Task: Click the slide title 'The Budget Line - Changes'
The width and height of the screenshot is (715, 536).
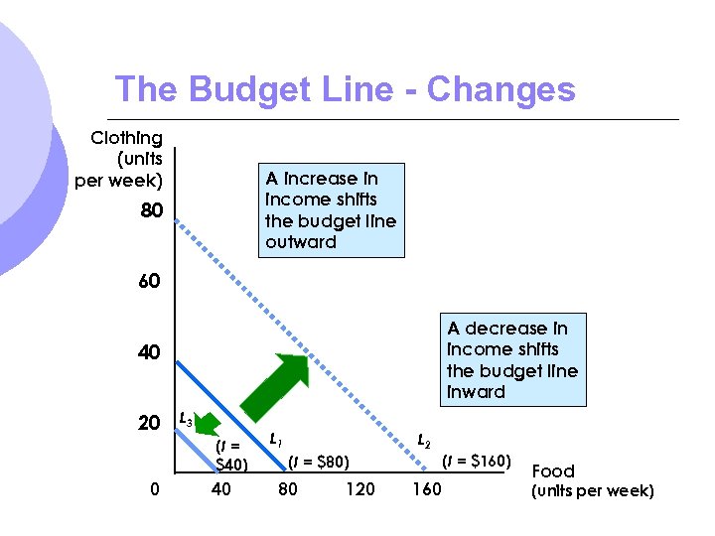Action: (345, 89)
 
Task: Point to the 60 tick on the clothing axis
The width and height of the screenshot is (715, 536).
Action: (149, 282)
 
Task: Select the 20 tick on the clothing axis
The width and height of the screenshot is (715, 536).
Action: (149, 423)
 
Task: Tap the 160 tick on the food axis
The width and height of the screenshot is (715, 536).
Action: (426, 488)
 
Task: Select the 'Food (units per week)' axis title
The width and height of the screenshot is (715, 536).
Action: (593, 480)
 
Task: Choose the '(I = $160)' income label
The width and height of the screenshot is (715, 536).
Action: (477, 461)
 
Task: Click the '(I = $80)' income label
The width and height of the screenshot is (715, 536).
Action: (319, 461)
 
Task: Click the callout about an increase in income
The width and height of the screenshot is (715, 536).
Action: (331, 209)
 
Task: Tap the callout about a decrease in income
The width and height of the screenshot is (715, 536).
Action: (512, 359)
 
